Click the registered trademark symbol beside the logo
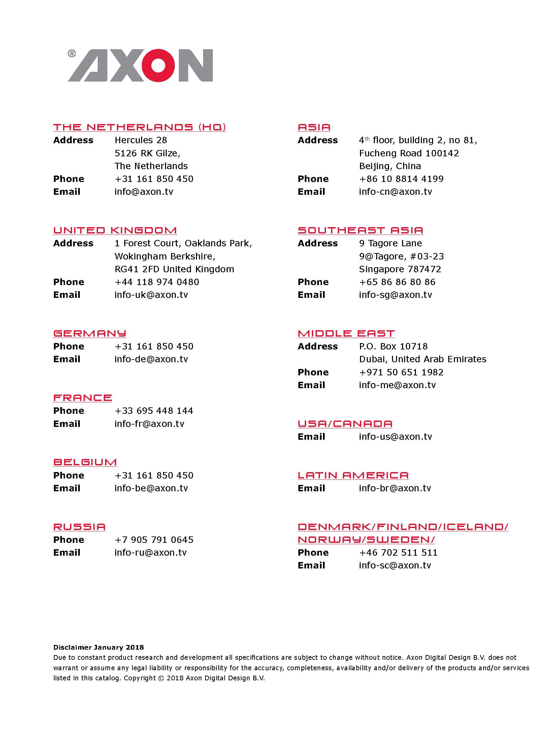[72, 54]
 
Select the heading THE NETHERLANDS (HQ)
[139, 127]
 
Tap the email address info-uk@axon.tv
[151, 295]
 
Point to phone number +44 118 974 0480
[157, 282]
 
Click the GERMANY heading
[90, 333]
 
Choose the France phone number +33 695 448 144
[154, 411]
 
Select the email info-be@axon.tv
[151, 488]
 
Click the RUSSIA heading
[79, 527]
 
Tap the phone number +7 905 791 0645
[154, 540]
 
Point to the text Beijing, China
[390, 166]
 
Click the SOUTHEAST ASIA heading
[360, 230]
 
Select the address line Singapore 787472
[400, 269]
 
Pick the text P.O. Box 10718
[393, 346]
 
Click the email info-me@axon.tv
[397, 385]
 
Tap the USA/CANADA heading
[345, 424]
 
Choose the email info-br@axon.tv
[395, 488]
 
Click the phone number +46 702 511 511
[398, 553]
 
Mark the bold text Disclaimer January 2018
[98, 647]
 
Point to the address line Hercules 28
[141, 140]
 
